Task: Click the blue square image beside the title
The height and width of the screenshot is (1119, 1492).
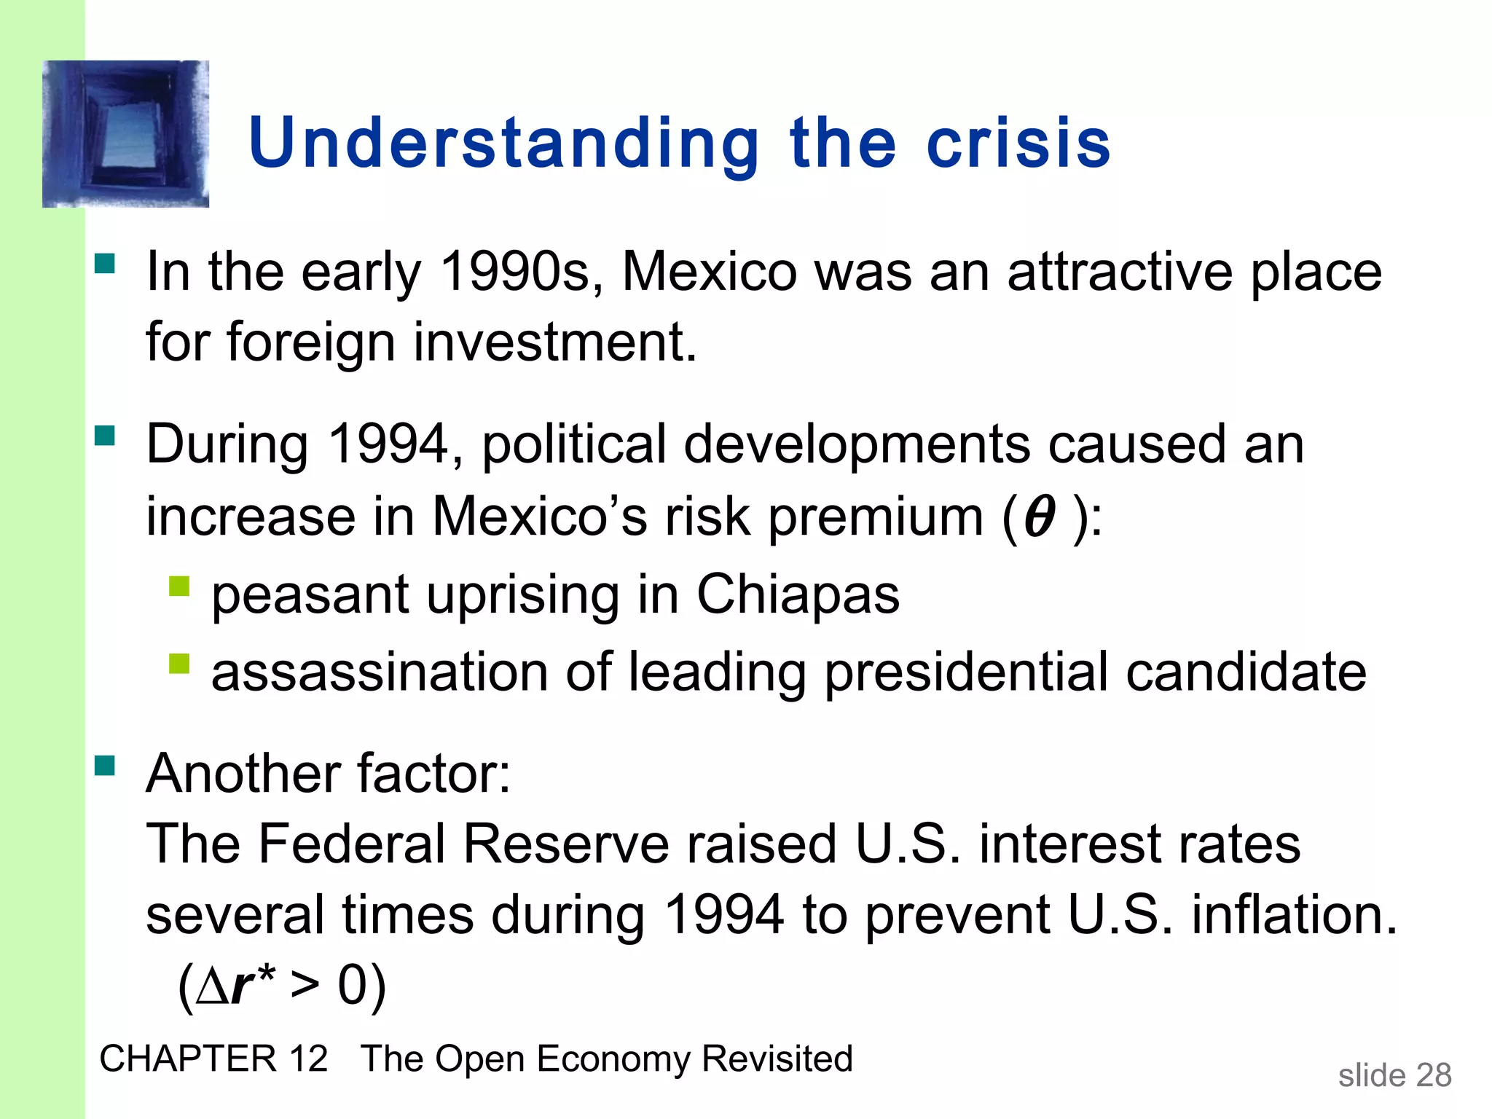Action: [125, 134]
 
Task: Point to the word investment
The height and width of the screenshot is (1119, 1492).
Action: [555, 342]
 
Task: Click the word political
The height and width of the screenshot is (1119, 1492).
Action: [574, 444]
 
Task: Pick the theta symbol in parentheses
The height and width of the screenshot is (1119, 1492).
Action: [1039, 517]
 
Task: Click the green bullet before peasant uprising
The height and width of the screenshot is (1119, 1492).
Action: [179, 586]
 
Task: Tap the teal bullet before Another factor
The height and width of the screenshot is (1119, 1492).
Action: [105, 766]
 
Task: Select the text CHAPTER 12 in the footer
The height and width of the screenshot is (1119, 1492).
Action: [213, 1059]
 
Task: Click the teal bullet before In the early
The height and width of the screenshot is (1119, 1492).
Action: [105, 263]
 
